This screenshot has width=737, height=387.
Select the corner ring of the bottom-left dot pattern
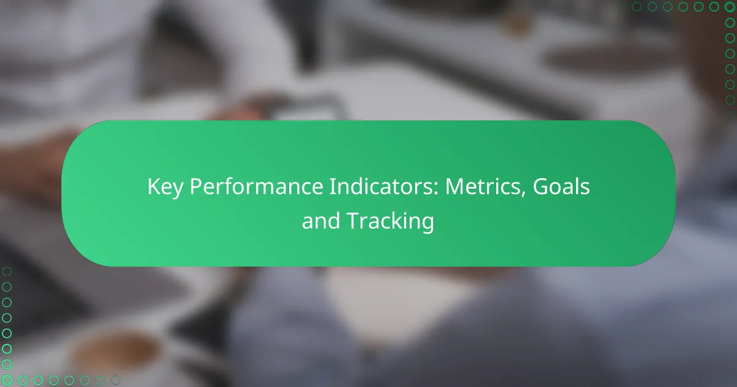(7, 380)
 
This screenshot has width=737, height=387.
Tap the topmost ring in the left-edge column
(7, 271)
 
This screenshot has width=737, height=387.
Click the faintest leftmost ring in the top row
(622, 7)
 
